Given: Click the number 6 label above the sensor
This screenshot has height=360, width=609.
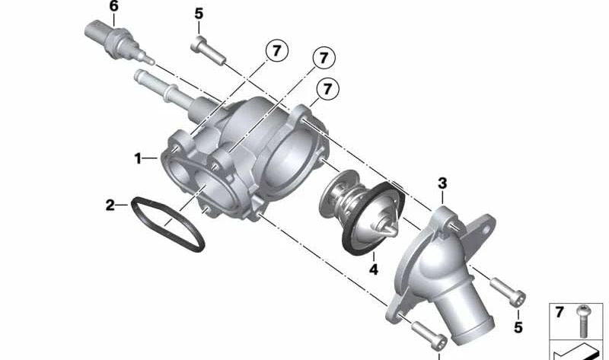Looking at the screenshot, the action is click(x=113, y=7).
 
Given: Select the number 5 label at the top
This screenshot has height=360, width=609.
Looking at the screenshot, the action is click(x=199, y=14).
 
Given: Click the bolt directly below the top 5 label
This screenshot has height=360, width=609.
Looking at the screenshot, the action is click(x=208, y=50).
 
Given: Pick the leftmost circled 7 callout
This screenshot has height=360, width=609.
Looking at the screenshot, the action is click(x=276, y=51).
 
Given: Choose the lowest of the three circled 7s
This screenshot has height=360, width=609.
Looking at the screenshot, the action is click(x=327, y=89).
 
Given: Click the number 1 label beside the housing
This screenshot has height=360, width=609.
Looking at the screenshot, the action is click(x=138, y=158).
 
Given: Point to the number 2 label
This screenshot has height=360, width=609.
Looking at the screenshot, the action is click(x=110, y=205).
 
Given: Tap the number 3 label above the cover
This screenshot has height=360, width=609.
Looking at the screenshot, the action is click(x=442, y=183).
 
